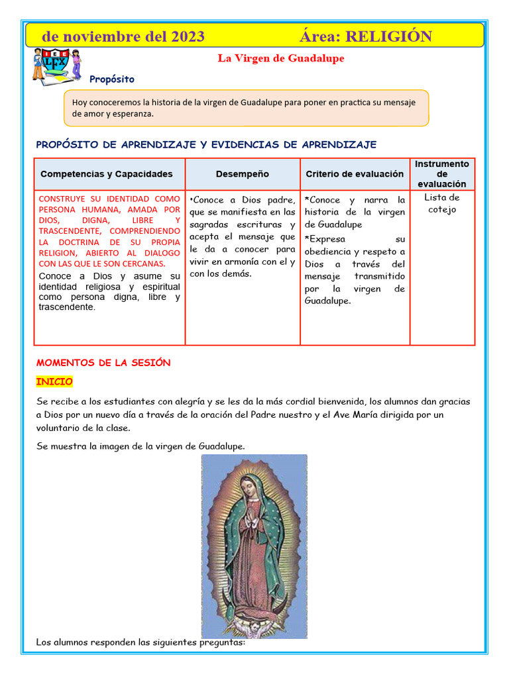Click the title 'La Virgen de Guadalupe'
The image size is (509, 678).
(281, 58)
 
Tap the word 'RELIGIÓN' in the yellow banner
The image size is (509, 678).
(389, 36)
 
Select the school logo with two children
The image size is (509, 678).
(57, 65)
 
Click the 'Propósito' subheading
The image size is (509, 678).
(112, 79)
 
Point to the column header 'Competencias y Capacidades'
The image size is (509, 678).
(107, 174)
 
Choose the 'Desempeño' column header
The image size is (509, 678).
(243, 174)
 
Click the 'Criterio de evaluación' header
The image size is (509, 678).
(355, 174)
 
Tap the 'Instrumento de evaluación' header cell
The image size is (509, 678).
(442, 173)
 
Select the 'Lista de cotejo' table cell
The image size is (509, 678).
(442, 203)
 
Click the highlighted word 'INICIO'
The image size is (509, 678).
(54, 382)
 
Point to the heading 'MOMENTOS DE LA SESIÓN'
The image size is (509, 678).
(103, 363)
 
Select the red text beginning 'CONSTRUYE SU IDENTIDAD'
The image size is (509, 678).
(109, 230)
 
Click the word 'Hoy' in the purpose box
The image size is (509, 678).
(80, 103)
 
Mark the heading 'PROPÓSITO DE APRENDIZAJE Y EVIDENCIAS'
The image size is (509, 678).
(206, 144)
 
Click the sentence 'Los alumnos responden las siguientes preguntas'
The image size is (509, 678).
(141, 642)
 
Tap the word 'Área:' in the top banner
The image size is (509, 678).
(320, 36)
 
